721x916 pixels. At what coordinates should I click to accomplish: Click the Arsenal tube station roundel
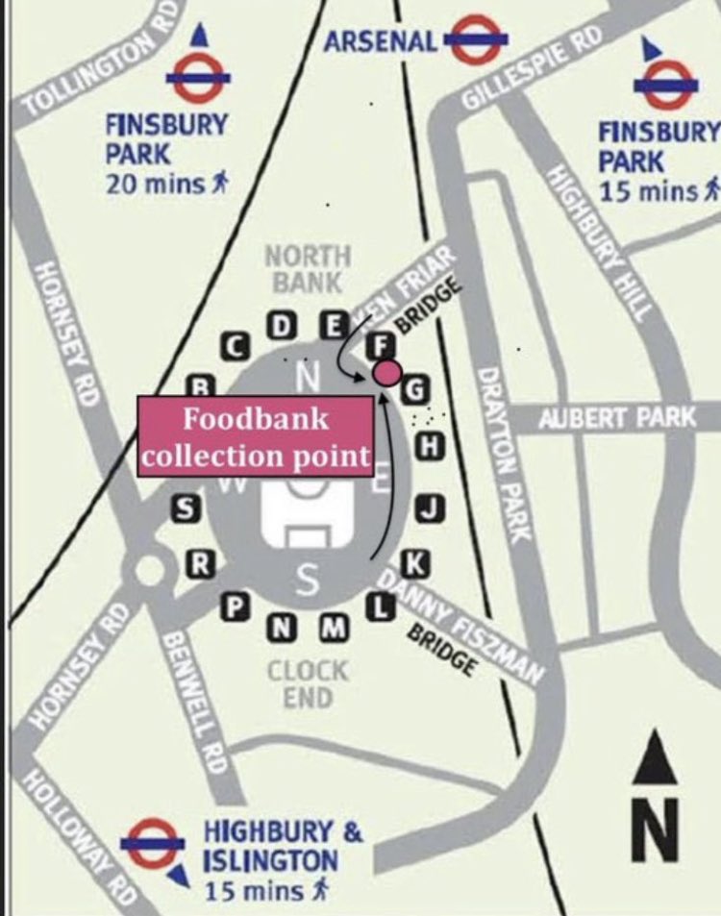[x=475, y=40]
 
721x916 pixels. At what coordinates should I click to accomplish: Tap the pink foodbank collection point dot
[x=386, y=372]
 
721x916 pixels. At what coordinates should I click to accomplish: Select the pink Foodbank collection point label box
[x=256, y=436]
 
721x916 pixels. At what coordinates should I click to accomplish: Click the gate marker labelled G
[x=416, y=390]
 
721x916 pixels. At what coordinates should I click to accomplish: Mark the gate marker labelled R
[x=200, y=564]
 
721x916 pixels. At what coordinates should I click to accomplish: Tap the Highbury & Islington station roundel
[x=153, y=843]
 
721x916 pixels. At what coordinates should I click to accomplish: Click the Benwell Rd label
[x=196, y=702]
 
